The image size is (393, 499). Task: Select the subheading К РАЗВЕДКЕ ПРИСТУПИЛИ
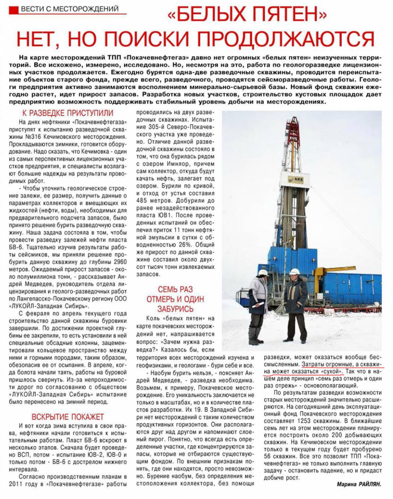pos(67,113)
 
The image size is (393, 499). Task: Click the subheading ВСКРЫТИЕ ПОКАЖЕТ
pos(67,417)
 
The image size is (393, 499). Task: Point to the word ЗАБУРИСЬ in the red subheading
pos(175,309)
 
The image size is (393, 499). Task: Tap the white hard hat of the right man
pos(294,271)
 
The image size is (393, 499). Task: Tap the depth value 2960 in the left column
pos(120,262)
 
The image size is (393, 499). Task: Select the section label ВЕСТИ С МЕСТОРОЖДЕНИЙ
pos(69,9)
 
